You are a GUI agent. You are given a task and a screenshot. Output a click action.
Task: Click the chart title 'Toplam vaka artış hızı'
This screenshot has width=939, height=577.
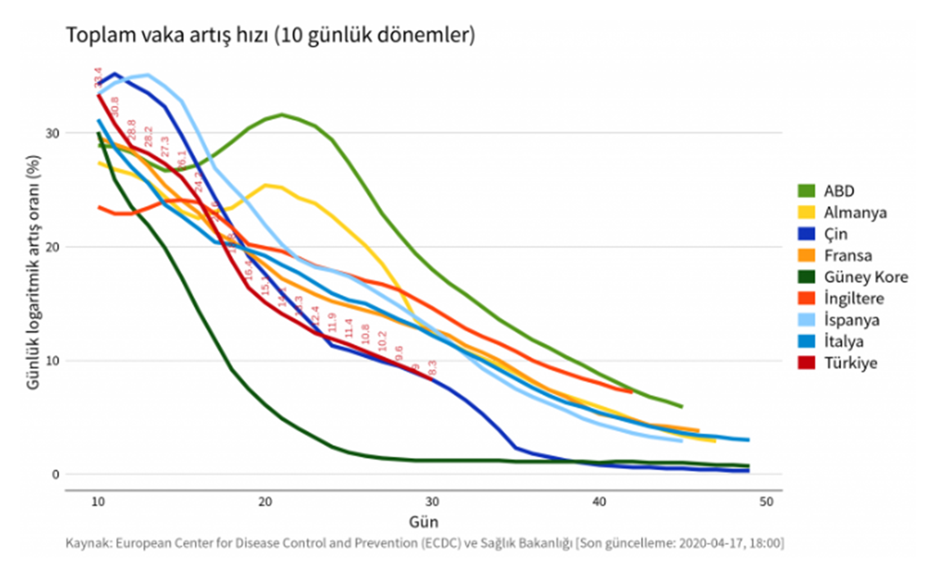click(x=270, y=35)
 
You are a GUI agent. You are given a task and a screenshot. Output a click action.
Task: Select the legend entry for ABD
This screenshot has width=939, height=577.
click(x=839, y=191)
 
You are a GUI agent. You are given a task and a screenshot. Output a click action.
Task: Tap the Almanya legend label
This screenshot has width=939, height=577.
click(x=855, y=212)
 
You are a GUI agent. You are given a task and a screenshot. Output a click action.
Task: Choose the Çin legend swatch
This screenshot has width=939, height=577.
click(x=806, y=234)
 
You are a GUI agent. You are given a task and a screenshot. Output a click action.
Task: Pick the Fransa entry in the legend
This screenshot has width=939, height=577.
click(x=847, y=256)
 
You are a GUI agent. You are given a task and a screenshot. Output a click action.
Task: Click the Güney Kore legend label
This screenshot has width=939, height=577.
click(x=865, y=277)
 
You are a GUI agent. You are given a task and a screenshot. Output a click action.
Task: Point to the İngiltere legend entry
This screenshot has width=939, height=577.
click(x=853, y=298)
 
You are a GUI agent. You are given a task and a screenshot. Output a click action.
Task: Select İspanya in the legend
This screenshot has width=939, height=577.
click(x=851, y=320)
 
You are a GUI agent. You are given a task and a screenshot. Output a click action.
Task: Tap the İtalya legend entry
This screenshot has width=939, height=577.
click(x=843, y=342)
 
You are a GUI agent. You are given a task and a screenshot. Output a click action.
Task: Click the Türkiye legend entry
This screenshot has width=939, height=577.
click(x=851, y=363)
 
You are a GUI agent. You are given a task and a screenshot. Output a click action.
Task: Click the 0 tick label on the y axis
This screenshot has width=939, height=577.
click(x=55, y=474)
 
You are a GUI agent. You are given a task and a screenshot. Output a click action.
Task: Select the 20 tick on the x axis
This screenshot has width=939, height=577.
click(x=265, y=502)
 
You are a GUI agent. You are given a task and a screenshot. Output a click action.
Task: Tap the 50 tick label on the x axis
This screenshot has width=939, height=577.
click(x=766, y=502)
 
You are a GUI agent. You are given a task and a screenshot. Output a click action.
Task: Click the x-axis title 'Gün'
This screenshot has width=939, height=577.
click(x=423, y=522)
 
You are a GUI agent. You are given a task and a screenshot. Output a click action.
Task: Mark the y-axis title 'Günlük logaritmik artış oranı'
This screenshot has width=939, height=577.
click(x=33, y=272)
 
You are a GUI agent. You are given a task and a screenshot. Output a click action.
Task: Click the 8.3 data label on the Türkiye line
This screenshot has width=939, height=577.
click(x=432, y=368)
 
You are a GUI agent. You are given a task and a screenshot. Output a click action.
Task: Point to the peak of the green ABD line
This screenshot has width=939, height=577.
click(x=282, y=114)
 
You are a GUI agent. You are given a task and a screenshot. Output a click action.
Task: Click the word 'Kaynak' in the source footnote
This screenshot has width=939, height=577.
click(x=88, y=543)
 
